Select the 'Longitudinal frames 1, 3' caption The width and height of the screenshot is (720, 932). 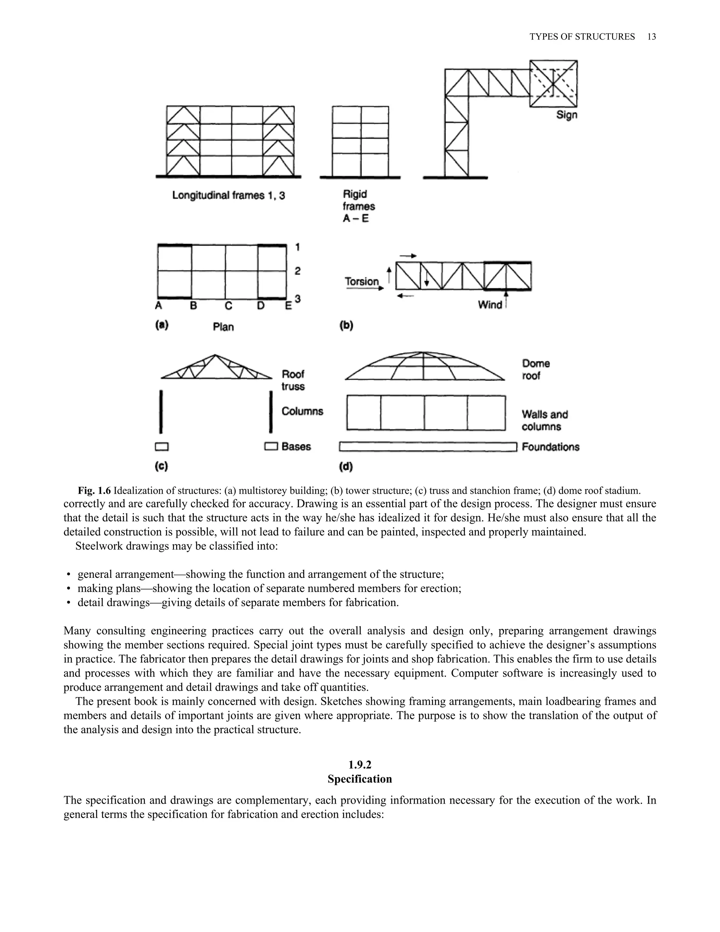coord(228,196)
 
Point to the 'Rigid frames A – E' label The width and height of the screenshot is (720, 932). coord(358,206)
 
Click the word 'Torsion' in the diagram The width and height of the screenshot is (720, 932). coord(362,282)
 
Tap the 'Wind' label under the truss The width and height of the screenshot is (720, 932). coord(490,305)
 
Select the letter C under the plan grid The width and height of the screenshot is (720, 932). coord(229,306)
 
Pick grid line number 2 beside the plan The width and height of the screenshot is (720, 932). coord(297,271)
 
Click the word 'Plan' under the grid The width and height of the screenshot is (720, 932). coord(223,327)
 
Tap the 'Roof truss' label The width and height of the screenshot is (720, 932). coord(293,380)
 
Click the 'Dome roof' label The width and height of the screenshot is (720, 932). coord(535,370)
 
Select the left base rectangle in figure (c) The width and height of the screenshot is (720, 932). coord(162,447)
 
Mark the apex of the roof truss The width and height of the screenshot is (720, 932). coord(215,355)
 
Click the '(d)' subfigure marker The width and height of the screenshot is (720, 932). coord(346,467)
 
